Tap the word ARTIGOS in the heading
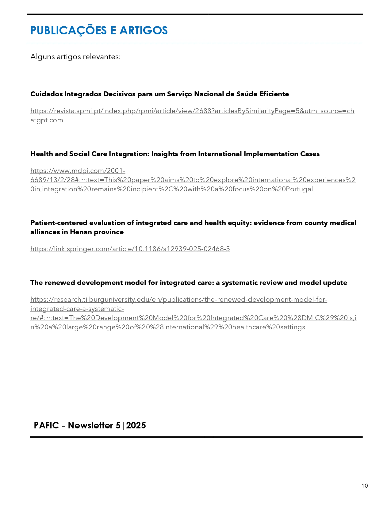tap(144, 31)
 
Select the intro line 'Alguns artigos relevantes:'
tap(75, 57)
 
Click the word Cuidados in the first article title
tap(46, 94)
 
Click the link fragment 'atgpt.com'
tap(47, 120)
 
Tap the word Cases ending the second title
tap(310, 154)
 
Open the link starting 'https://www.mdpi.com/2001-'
tap(78, 171)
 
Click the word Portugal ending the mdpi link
tap(299, 189)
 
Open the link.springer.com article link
tap(130, 249)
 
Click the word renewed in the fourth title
tap(60, 283)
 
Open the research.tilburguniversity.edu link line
tap(178, 300)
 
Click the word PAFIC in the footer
tap(46, 426)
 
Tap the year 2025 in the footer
tap(136, 426)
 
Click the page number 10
tap(364, 486)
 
